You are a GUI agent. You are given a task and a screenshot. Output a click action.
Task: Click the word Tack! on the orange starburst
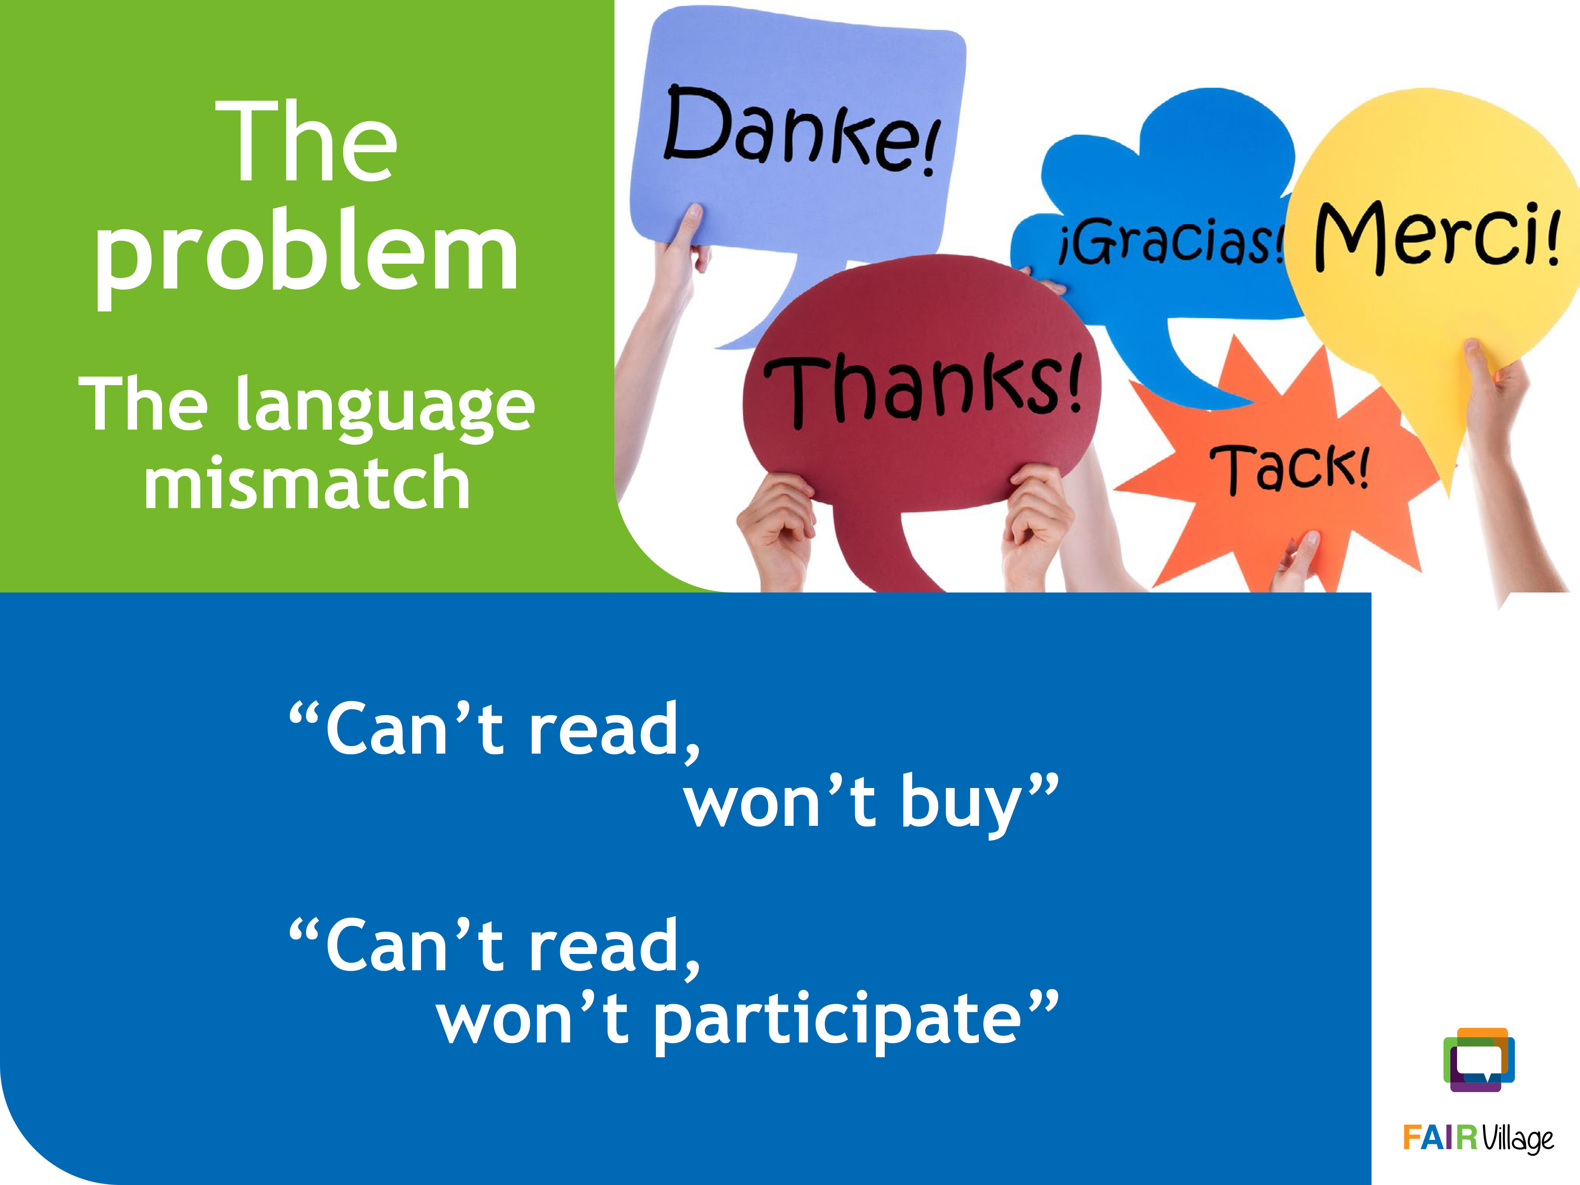1289,468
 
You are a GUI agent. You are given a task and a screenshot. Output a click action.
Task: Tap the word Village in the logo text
1518,1140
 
